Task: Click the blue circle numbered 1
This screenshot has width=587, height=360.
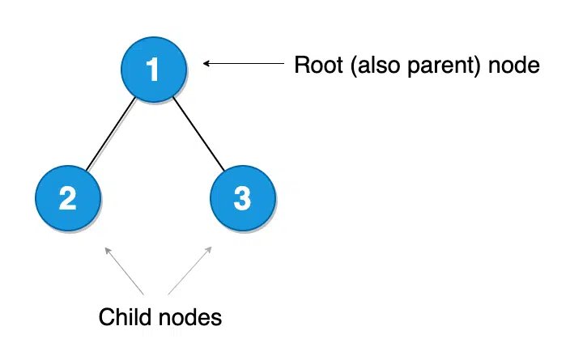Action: [x=153, y=70]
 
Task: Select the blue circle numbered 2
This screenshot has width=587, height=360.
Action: [x=69, y=198]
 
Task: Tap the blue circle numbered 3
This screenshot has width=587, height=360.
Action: [x=242, y=198]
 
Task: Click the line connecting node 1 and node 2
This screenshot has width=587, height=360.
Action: [x=110, y=135]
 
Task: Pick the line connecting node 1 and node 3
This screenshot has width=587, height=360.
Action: [x=198, y=134]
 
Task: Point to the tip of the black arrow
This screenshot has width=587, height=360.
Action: [x=204, y=63]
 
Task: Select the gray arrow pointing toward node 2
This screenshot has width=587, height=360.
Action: [x=124, y=271]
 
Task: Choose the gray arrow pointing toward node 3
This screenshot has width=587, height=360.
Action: [x=190, y=270]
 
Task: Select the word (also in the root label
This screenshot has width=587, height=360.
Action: [x=364, y=65]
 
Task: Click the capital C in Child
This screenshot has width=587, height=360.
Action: [x=106, y=317]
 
